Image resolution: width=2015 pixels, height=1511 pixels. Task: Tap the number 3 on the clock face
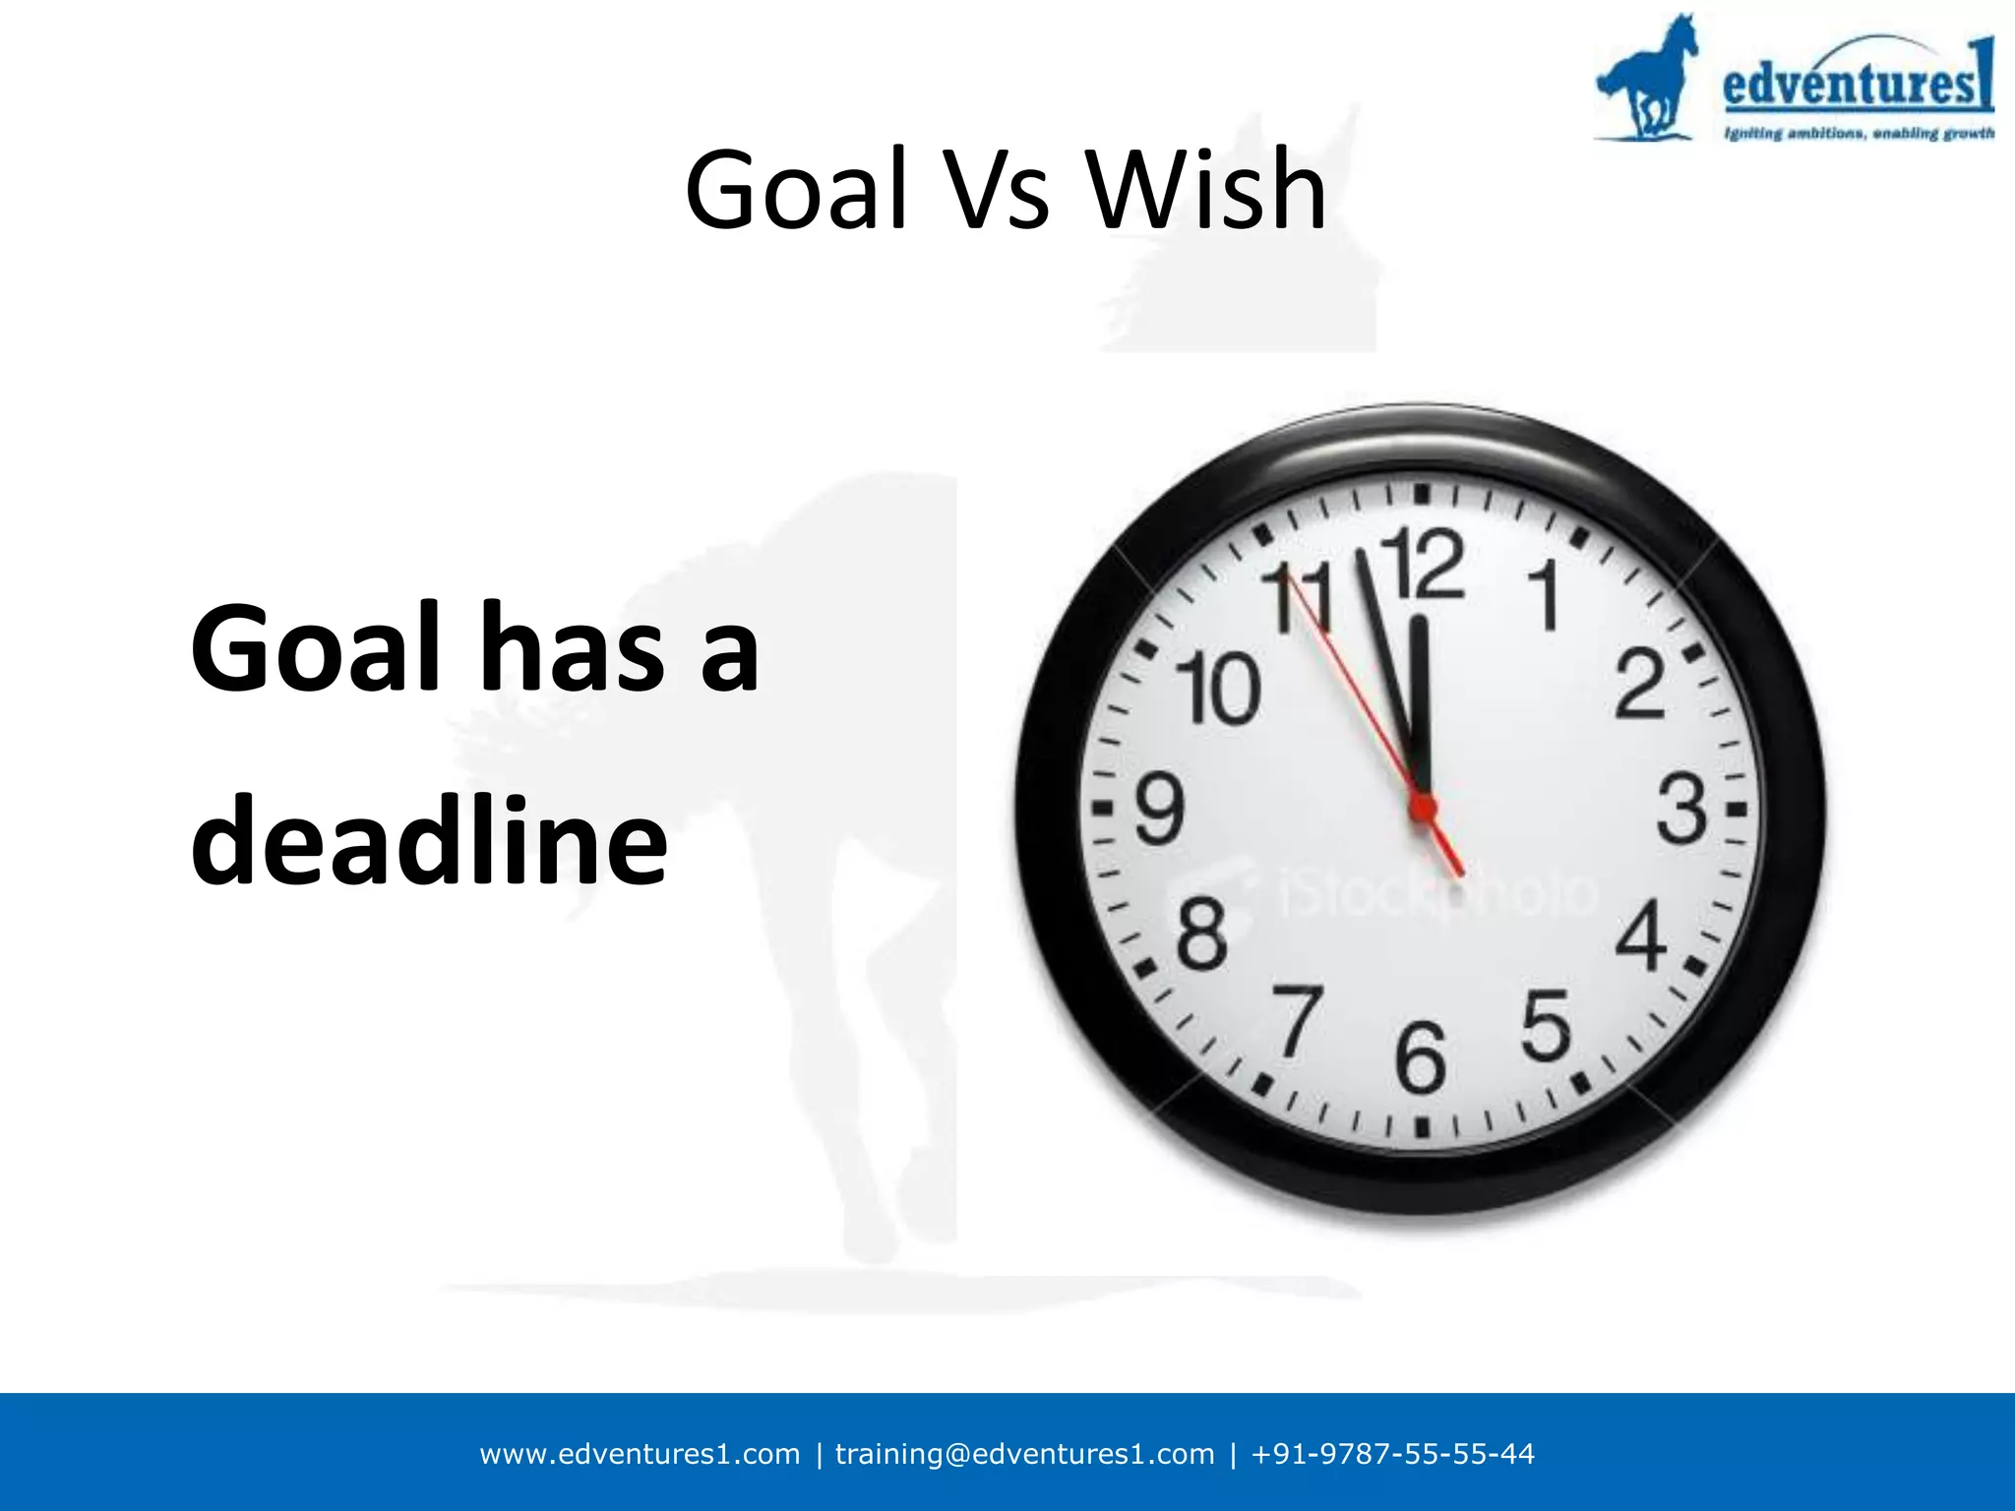(1680, 809)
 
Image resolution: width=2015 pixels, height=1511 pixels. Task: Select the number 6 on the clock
(1421, 1058)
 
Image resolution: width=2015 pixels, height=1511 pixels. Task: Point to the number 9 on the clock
(1160, 809)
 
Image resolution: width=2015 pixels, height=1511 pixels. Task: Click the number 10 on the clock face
(1219, 688)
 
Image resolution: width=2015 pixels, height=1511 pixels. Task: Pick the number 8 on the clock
(1202, 933)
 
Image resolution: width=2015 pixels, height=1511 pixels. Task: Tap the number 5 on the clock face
(1546, 1025)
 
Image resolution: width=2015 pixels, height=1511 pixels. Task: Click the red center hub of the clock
(1422, 809)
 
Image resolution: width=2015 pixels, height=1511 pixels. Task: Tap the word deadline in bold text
(429, 839)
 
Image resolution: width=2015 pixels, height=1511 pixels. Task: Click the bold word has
(571, 648)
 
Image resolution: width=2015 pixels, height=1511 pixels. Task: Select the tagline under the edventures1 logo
(1859, 133)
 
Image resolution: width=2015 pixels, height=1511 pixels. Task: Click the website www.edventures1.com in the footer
(640, 1454)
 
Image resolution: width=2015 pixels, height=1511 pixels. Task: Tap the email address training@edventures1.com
(1024, 1454)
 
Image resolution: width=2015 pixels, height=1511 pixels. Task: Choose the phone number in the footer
(1392, 1454)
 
